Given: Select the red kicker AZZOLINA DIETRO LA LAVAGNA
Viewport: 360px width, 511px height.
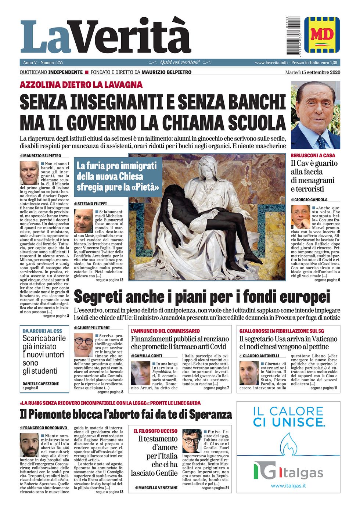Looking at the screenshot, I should [x=81, y=85].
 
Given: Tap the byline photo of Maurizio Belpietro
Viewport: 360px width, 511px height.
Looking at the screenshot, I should [x=29, y=173].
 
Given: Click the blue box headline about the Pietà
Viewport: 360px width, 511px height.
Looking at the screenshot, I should [x=118, y=176].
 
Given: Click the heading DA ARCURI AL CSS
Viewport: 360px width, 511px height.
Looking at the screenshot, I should [x=42, y=331].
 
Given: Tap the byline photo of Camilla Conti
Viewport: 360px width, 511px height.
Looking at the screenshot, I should [x=140, y=373].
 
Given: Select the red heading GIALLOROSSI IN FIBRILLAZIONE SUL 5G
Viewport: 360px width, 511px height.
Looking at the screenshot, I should [x=282, y=331].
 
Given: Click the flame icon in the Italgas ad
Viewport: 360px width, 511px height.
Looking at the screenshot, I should [x=288, y=445].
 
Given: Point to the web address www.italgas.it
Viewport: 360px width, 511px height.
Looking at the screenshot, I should [x=288, y=486].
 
